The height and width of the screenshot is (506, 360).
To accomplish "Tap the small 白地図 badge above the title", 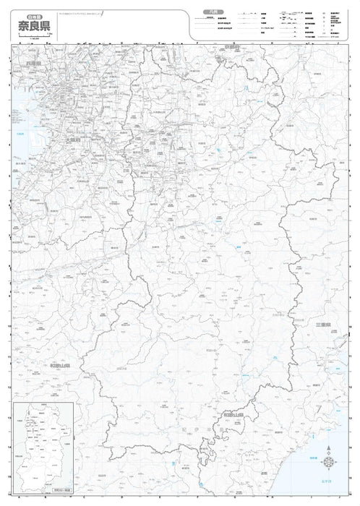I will point(30,13).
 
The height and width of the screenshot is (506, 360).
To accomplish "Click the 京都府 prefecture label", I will point(231,47).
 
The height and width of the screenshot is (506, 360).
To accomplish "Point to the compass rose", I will point(329,463).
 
